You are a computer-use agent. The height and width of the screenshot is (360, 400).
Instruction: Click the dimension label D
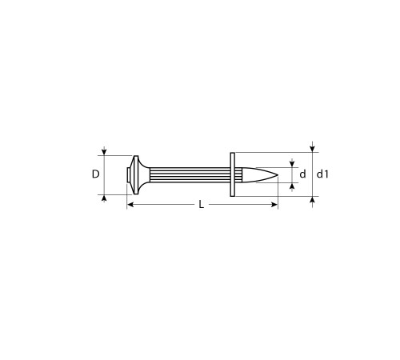click(x=94, y=174)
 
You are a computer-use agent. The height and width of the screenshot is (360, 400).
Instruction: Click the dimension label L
click(x=201, y=206)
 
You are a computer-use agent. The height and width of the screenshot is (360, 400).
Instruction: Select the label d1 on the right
click(x=322, y=174)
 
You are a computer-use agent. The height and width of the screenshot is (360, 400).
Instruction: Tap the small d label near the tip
click(x=302, y=174)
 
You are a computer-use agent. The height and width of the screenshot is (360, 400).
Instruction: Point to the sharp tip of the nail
click(x=278, y=174)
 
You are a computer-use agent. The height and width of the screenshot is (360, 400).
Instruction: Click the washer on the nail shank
click(x=232, y=174)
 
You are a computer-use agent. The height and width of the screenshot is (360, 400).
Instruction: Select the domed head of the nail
click(x=140, y=174)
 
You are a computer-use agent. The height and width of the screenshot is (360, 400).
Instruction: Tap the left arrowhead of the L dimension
click(x=130, y=206)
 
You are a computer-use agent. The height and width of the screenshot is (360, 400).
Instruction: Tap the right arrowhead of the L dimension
click(x=274, y=206)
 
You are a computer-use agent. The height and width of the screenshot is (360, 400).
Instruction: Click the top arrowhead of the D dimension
click(x=104, y=152)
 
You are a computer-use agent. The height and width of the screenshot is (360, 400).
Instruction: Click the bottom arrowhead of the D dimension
click(x=104, y=197)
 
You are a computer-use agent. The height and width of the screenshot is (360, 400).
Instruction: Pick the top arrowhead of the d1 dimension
click(x=312, y=148)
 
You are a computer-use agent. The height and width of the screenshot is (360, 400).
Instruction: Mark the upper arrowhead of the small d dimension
click(x=292, y=162)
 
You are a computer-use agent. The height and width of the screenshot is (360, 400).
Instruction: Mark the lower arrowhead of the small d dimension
click(x=292, y=186)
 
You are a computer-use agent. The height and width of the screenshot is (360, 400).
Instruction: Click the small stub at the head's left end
click(x=129, y=174)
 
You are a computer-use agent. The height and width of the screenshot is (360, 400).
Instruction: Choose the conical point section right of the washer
click(x=256, y=174)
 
